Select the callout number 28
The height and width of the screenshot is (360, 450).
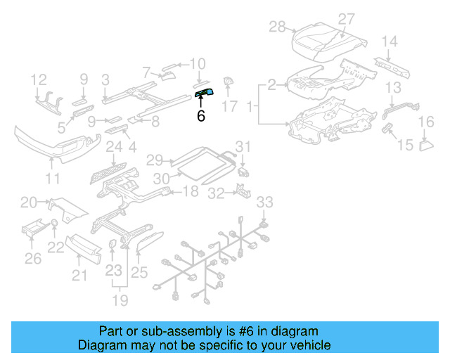pyautogui.click(x=278, y=27)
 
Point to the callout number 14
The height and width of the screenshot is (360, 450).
pyautogui.click(x=390, y=41)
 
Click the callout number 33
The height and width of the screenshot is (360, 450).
pyautogui.click(x=264, y=202)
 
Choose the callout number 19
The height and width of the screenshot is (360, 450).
pyautogui.click(x=120, y=301)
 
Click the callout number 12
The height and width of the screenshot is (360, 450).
pyautogui.click(x=39, y=79)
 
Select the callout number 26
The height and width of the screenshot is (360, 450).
pyautogui.click(x=33, y=259)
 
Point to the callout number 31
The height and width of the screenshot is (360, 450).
pyautogui.click(x=243, y=146)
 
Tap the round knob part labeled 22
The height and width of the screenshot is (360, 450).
pyautogui.click(x=54, y=225)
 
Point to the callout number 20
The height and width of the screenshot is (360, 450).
pyautogui.click(x=28, y=203)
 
